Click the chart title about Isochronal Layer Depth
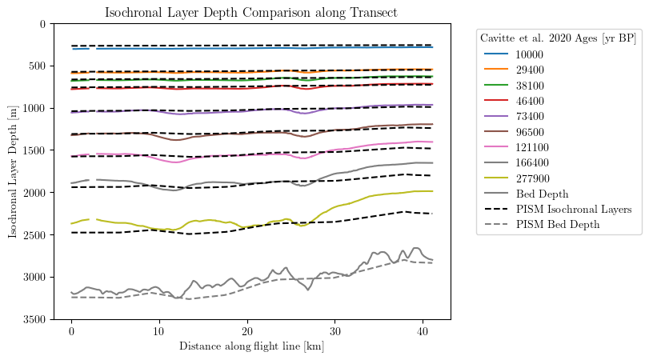[251, 12]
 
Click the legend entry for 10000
[529, 54]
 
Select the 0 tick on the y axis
[44, 23]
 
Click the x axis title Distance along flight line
[251, 346]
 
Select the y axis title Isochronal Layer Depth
[13, 171]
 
